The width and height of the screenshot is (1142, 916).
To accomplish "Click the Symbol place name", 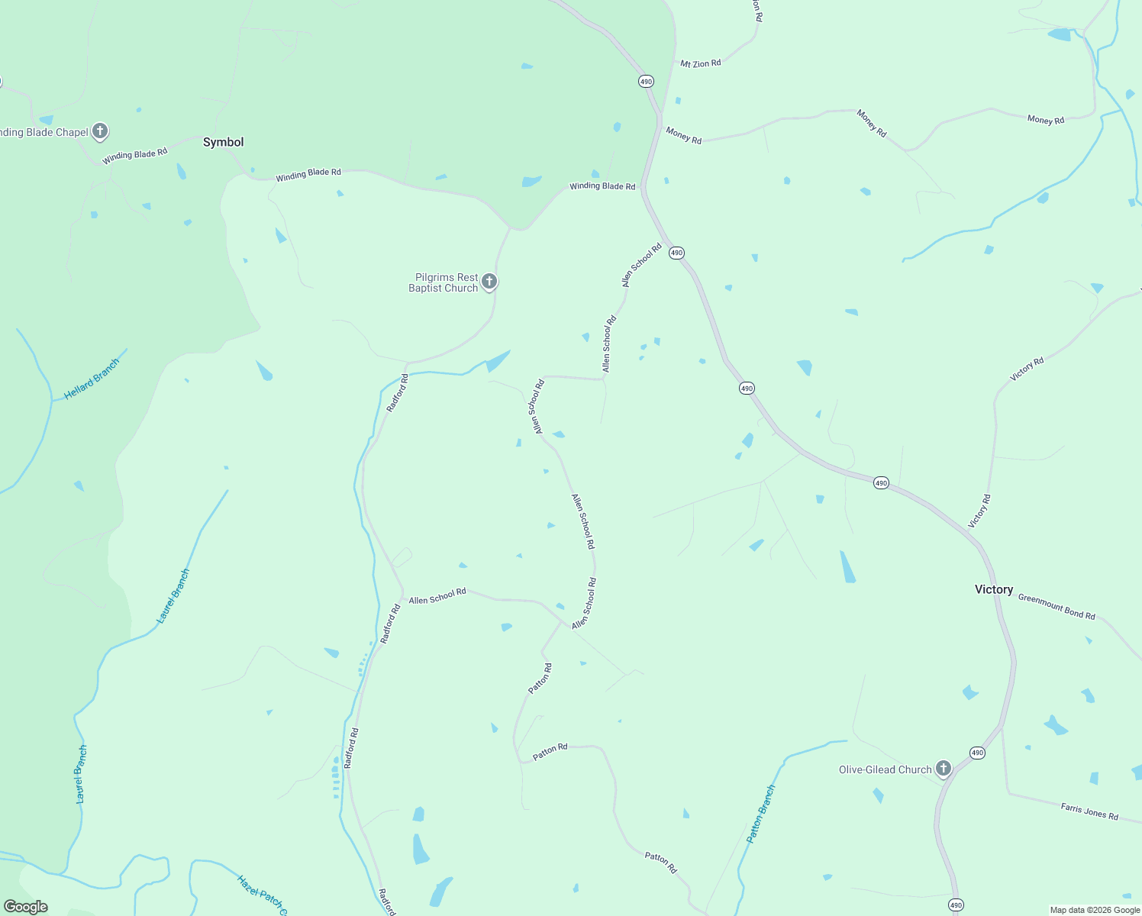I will (223, 142).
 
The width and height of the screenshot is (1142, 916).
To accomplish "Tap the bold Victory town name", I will (994, 589).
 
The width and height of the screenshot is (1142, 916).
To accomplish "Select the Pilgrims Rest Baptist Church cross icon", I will (489, 282).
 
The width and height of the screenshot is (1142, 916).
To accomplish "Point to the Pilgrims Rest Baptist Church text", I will (444, 282).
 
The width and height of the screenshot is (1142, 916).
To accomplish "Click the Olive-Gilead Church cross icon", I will (944, 768).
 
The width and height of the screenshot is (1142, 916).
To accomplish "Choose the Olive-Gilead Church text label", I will (885, 769).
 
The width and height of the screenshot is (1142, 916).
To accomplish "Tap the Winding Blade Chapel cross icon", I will (100, 131).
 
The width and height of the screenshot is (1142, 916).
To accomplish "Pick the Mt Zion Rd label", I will (700, 63).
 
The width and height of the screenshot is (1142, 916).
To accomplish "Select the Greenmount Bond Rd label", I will (1057, 607).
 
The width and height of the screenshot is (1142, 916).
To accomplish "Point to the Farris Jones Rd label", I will (1089, 811).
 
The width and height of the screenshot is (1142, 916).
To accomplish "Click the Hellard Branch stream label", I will (92, 379).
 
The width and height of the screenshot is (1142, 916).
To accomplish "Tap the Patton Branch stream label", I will (760, 814).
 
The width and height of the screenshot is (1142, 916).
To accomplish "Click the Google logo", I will (26, 907).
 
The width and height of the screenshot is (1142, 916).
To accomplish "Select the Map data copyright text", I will (1095, 910).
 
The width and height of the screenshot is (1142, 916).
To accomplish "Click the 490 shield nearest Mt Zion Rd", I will (647, 81).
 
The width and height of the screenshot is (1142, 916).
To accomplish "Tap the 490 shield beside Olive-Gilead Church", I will (978, 753).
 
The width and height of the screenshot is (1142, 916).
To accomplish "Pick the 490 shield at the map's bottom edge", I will (957, 905).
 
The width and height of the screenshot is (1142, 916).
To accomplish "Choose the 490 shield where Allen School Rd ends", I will (676, 253).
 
